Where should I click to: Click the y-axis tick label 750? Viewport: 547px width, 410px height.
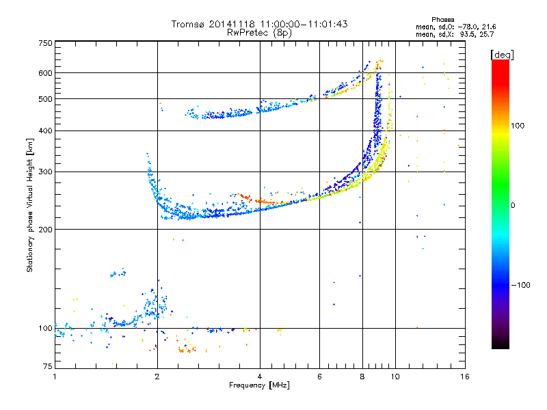coord(44,43)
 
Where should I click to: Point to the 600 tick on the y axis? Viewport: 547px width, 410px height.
coord(44,73)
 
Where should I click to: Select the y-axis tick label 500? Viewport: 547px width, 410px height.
coord(44,99)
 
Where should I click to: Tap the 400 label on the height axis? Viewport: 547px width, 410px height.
coord(44,131)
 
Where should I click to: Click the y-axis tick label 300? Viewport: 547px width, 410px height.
coord(44,172)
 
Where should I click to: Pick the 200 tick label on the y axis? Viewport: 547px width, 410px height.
coord(44,230)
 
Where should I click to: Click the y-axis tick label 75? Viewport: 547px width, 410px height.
coord(46,368)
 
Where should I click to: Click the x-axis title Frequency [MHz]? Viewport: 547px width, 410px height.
coord(259,386)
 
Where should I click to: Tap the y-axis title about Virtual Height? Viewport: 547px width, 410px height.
coord(30,205)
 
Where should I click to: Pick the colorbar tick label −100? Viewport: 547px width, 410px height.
coord(523,285)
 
